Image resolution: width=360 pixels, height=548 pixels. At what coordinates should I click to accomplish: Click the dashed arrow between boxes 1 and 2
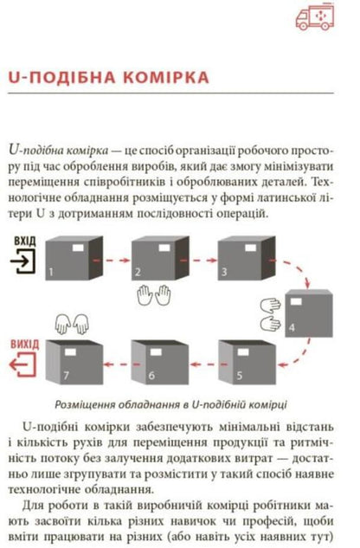point(112,259)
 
